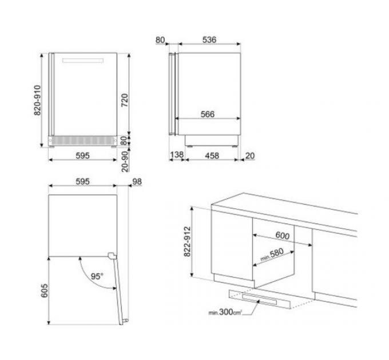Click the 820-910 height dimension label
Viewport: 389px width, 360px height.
(x=38, y=101)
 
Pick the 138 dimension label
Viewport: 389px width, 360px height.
(x=176, y=154)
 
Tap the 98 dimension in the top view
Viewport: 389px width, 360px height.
(x=136, y=182)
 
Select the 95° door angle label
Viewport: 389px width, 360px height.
(x=97, y=277)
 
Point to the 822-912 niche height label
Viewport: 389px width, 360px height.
(x=186, y=244)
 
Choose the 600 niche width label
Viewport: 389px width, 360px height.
(x=282, y=235)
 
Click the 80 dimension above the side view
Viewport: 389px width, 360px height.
(x=160, y=40)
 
